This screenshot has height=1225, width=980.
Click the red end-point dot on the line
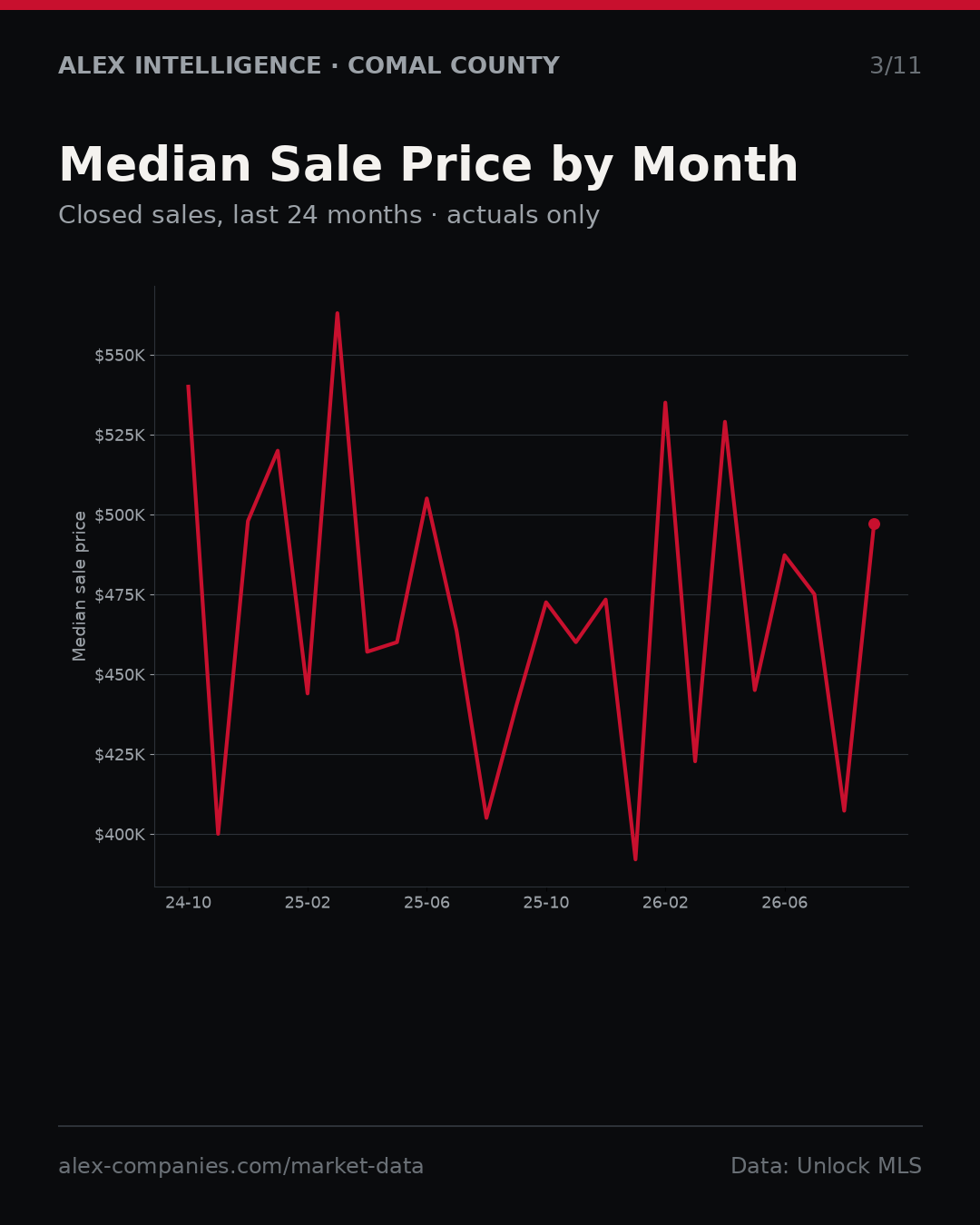(874, 524)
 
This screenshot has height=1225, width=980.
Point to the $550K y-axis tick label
(120, 356)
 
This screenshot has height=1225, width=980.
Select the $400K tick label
(120, 835)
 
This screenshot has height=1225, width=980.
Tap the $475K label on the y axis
(120, 595)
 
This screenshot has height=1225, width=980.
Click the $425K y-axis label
(120, 755)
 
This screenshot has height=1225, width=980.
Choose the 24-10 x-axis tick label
(189, 903)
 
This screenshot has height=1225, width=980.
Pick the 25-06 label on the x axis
(426, 903)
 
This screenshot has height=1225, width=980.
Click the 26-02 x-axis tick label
(665, 903)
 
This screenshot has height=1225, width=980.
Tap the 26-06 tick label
(785, 903)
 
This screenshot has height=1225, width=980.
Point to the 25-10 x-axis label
(546, 903)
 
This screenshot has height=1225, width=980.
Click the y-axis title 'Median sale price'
(79, 586)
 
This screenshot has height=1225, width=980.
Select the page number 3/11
(895, 66)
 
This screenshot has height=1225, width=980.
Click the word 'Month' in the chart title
(715, 165)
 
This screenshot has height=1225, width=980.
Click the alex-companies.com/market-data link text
(240, 1166)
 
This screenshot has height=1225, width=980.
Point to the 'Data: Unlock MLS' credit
(826, 1166)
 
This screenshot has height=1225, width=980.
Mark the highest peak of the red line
(338, 313)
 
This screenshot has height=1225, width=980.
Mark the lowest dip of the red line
(635, 859)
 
